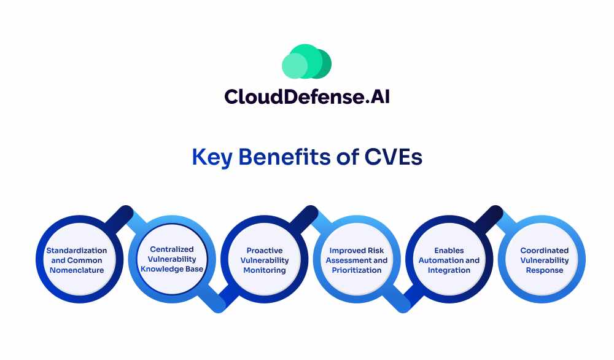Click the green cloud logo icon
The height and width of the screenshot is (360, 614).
[306, 61]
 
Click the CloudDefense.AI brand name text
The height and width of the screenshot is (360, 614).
[307, 96]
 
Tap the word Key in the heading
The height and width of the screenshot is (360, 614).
[212, 157]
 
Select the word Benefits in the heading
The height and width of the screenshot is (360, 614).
[285, 157]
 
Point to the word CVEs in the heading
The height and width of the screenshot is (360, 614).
[394, 157]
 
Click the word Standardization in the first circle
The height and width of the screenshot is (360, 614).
[76, 250]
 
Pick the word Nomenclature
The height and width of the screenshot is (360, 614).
[77, 270]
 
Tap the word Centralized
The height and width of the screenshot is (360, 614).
[172, 249]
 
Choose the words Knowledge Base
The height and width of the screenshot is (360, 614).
[172, 268]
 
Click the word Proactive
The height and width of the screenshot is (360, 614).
[264, 250]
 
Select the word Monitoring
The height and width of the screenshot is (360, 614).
[264, 270]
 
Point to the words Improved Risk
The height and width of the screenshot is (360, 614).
[356, 250]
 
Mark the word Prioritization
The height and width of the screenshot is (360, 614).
[356, 270]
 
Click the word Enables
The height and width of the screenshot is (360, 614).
[449, 250]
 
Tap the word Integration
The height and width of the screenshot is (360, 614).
[449, 270]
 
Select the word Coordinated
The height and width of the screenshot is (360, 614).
[544, 250]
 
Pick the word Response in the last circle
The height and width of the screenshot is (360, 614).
[544, 270]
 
